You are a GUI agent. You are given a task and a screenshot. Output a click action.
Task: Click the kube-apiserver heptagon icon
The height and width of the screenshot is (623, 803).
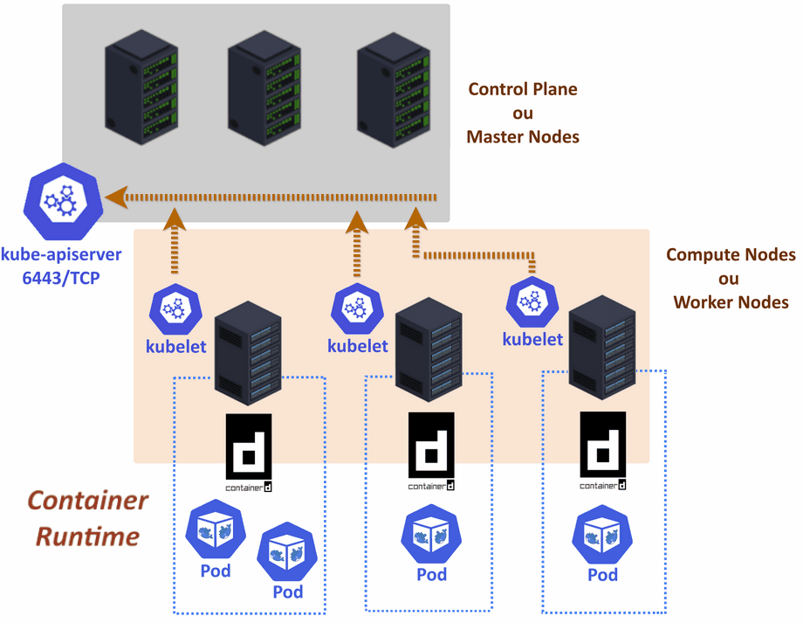point(64,200)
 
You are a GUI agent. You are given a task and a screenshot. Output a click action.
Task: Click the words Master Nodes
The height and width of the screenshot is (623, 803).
point(523,137)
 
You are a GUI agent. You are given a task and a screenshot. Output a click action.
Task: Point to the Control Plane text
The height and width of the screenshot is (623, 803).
point(523,89)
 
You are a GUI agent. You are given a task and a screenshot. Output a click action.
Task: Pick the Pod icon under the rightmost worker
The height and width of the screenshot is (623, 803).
point(602,536)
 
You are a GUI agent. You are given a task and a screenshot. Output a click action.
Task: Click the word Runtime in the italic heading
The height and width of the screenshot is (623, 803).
point(87,535)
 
